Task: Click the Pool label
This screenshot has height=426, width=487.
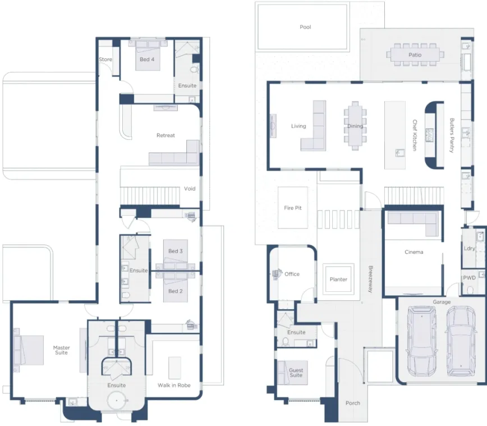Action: [305, 27]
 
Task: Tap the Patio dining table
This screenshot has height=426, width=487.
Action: [415, 54]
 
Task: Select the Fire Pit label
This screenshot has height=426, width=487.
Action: [292, 208]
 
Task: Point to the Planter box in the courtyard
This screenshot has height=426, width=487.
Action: [338, 279]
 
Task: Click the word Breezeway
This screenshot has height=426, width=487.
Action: [370, 279]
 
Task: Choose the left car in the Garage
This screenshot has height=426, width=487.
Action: [421, 340]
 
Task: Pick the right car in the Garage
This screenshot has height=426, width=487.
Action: [461, 340]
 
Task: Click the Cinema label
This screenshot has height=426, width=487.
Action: [414, 252]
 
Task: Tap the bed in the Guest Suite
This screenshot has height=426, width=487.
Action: [291, 373]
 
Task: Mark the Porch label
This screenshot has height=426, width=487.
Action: [353, 403]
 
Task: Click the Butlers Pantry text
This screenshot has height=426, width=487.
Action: [452, 135]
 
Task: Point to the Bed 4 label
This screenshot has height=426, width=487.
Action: [147, 59]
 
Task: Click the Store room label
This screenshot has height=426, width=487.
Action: [105, 59]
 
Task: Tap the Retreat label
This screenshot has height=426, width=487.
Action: [166, 135]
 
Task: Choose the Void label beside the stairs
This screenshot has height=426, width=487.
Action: [190, 189]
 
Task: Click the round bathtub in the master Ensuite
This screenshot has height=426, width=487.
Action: [117, 401]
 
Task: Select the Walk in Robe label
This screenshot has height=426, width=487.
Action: [174, 385]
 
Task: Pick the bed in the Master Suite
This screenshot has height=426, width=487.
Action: [29, 350]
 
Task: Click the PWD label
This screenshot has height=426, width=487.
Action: [469, 278]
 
